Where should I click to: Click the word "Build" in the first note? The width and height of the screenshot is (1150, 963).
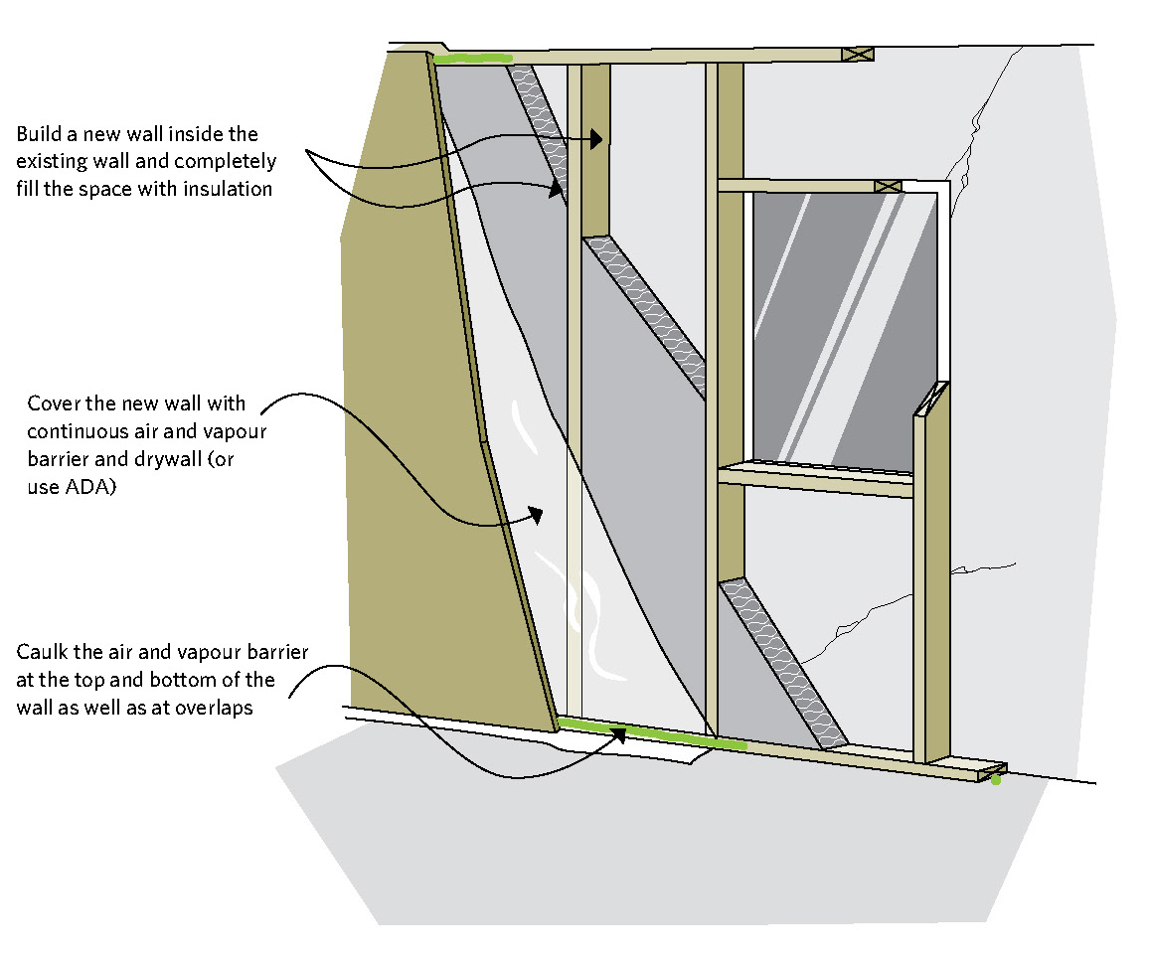click(x=41, y=133)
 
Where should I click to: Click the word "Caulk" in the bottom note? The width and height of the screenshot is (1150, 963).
click(x=41, y=653)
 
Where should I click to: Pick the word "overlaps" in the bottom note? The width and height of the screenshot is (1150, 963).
click(x=217, y=709)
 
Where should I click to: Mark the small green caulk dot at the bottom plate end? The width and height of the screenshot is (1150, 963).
click(x=996, y=779)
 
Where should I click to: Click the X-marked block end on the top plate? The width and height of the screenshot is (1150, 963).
click(x=858, y=55)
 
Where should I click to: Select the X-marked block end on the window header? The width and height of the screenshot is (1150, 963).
click(x=888, y=186)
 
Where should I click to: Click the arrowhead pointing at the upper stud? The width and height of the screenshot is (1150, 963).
click(x=596, y=140)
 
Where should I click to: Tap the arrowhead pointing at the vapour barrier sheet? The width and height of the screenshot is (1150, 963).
click(x=536, y=515)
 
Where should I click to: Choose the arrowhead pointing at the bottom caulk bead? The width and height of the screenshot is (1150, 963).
click(x=619, y=734)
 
